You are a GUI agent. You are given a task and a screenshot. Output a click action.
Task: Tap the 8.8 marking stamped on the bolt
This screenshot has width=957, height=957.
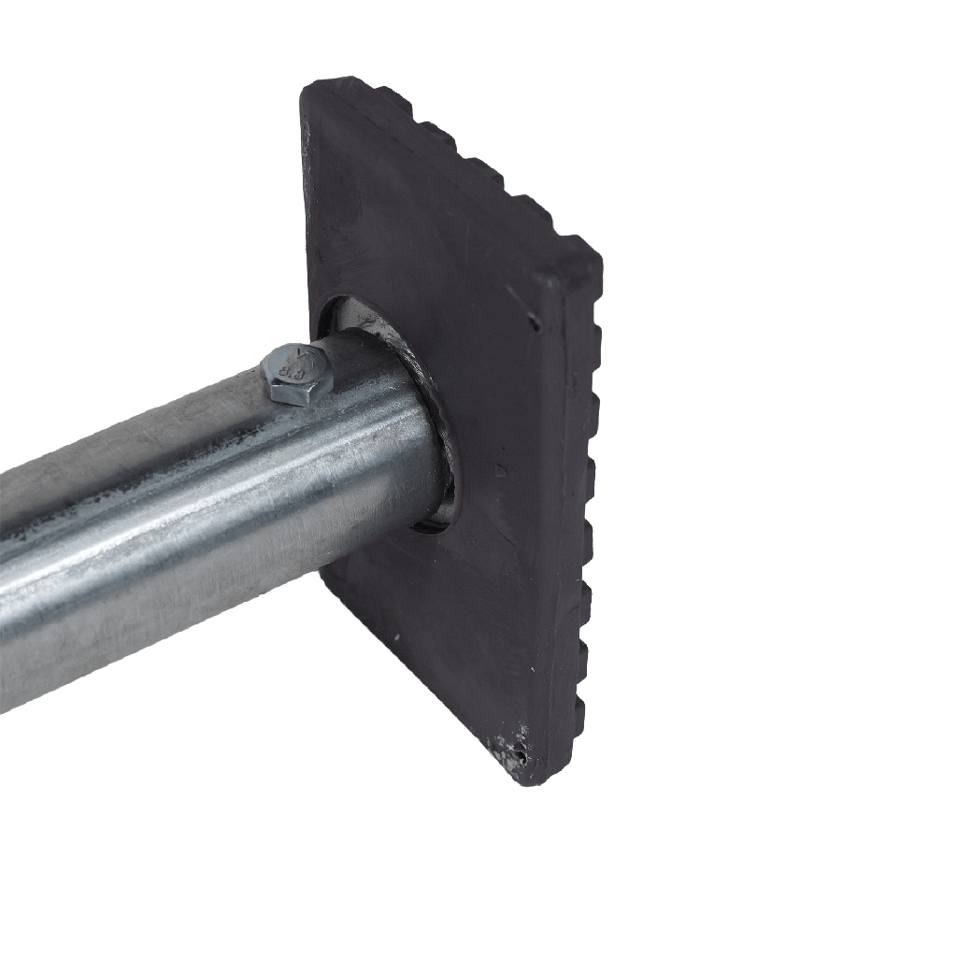291,361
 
